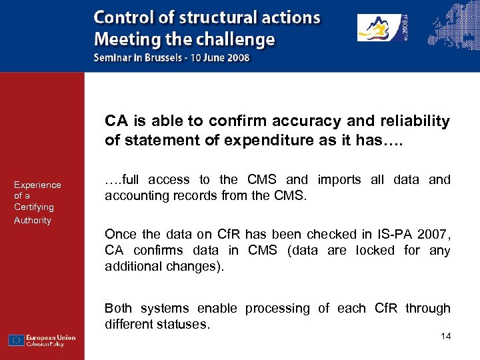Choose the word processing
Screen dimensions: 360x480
(277, 309)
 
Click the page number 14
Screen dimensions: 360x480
(445, 336)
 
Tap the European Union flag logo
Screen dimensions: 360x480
(17, 340)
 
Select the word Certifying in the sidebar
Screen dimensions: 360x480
(33, 207)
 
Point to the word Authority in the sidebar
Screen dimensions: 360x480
(33, 220)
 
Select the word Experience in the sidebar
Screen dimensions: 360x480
(37, 185)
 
